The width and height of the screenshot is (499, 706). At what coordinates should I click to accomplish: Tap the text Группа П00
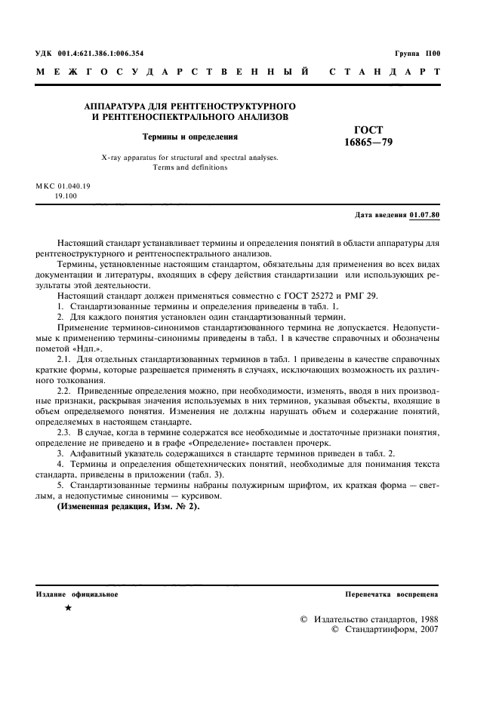click(x=417, y=54)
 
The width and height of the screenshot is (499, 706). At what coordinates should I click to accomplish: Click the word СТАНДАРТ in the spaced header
click(x=384, y=72)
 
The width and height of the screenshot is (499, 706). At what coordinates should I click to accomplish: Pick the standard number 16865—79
click(x=368, y=142)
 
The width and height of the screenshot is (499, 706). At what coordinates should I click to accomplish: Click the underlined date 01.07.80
click(x=424, y=215)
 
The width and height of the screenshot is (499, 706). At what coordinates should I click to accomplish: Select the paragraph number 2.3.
click(x=64, y=432)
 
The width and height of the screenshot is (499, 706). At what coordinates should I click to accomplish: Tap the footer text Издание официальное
click(x=77, y=594)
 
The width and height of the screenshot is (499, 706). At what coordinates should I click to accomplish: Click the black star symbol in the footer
click(x=69, y=608)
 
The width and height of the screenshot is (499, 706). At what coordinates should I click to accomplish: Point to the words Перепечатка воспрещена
click(x=391, y=594)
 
